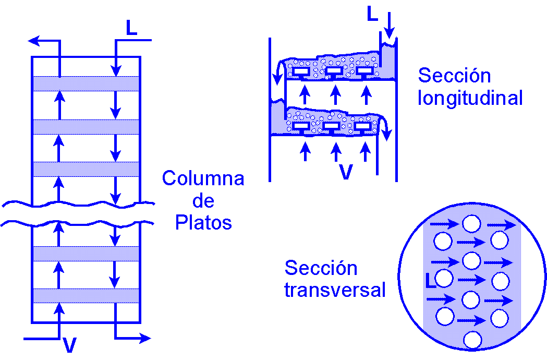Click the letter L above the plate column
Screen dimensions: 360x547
point(131,28)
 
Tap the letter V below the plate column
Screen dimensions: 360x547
point(70,345)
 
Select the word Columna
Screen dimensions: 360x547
point(203,178)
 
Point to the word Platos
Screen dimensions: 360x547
point(203,223)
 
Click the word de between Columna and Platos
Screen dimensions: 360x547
point(203,201)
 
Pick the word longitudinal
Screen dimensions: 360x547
point(470,98)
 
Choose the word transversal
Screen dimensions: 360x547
point(335,290)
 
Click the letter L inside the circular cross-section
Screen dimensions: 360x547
point(431,280)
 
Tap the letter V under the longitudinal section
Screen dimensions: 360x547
point(346,172)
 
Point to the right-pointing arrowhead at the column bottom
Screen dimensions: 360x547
point(146,339)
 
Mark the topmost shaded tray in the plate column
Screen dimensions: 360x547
point(86,83)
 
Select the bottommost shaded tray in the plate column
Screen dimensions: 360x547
point(86,295)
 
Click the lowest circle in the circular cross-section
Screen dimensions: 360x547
point(472,340)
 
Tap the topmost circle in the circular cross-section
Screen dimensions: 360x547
point(471,224)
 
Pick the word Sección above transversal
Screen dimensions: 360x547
point(321,268)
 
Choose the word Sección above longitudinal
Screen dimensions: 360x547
point(454,76)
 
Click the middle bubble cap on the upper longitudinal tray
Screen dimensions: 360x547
point(333,70)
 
